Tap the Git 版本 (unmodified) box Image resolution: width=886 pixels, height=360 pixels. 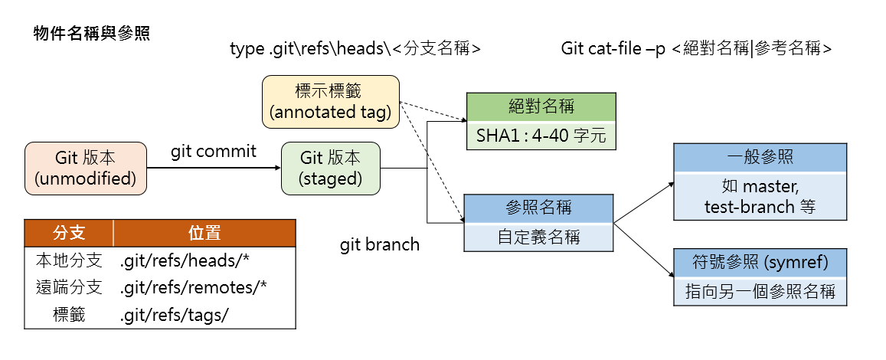click(x=85, y=168)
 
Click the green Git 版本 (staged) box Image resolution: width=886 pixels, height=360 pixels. click(x=331, y=168)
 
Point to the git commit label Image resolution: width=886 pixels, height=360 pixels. click(x=214, y=152)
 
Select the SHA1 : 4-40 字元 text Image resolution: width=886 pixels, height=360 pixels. click(x=541, y=136)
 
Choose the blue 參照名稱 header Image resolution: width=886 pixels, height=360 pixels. click(x=538, y=208)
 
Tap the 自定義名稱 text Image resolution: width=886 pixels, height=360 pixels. click(x=538, y=237)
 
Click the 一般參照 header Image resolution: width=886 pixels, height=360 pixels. click(x=760, y=157)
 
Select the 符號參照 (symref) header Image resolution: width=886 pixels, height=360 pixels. click(x=760, y=263)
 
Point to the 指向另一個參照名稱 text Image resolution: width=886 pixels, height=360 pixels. click(x=760, y=292)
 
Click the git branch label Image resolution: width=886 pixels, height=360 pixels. click(x=380, y=245)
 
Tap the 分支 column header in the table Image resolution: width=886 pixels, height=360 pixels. click(x=69, y=233)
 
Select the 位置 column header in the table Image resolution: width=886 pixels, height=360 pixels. click(x=204, y=233)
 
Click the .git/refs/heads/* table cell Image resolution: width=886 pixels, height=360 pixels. click(x=185, y=260)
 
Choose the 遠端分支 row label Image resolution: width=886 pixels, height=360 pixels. click(x=69, y=287)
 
